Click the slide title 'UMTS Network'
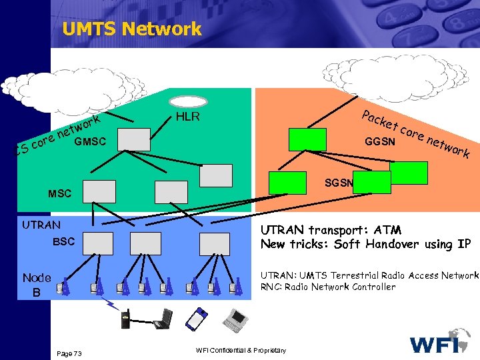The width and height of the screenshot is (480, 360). click(x=131, y=29)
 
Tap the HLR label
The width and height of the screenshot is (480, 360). click(x=188, y=118)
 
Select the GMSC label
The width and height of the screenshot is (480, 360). click(x=92, y=141)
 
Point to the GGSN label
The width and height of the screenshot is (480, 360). click(x=381, y=142)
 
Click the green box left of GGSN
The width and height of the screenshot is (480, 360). click(x=308, y=139)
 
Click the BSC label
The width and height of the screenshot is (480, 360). click(x=65, y=241)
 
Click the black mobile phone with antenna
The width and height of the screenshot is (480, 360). click(x=124, y=319)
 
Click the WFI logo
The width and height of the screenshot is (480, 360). click(x=441, y=341)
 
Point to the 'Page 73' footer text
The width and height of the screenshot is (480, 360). click(x=69, y=352)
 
